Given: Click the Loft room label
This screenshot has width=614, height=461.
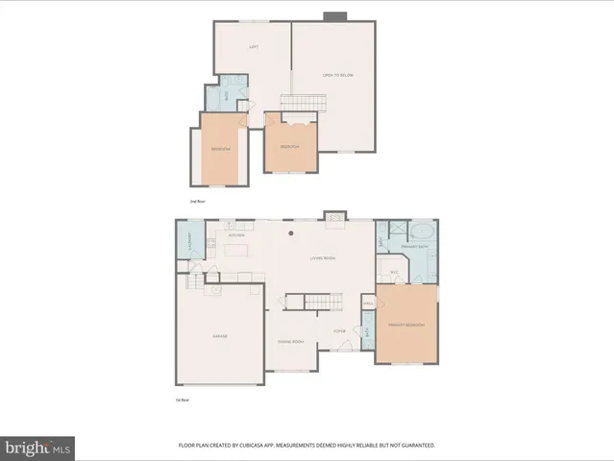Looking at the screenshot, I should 254,46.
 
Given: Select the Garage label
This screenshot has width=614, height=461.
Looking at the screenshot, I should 219,336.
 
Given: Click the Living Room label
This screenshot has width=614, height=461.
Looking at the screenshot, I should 321,258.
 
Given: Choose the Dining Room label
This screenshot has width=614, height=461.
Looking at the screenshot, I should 290,342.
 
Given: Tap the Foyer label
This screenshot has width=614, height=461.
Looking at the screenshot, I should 339,331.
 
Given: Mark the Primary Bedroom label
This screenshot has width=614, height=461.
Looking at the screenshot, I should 405,326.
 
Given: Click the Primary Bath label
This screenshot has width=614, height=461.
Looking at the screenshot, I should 414,248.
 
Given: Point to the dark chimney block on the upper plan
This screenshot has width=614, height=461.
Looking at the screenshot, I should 333,16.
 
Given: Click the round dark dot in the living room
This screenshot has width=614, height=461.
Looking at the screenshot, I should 291,232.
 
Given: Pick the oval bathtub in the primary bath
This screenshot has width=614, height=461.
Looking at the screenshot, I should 422,231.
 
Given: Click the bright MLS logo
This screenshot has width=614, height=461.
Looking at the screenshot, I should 37,448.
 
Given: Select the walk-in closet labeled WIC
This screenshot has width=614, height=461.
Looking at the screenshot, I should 394,273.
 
